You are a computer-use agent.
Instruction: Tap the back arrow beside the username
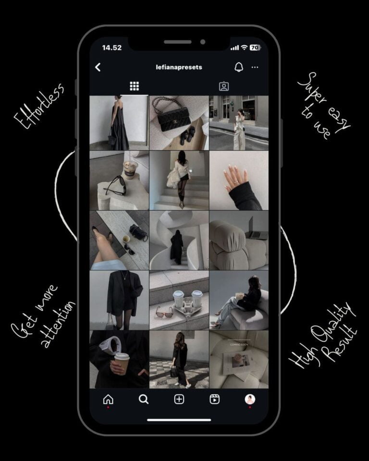point(98,67)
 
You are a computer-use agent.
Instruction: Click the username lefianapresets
point(179,67)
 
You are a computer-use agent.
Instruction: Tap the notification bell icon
point(239,67)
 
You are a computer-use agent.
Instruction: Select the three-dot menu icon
point(255,67)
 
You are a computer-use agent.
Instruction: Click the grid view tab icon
point(134,86)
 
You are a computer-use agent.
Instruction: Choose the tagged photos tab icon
point(224,86)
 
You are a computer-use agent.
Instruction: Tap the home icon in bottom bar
point(108,399)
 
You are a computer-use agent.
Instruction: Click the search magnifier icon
point(144,399)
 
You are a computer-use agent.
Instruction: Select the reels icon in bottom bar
point(214,399)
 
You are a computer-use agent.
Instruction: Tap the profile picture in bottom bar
point(250,399)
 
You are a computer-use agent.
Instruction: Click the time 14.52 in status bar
point(112,48)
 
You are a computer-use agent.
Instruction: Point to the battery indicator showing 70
point(255,48)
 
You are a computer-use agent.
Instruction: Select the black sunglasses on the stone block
point(116,186)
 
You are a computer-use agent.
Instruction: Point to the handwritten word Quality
point(332,323)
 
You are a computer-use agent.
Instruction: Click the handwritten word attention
point(58,324)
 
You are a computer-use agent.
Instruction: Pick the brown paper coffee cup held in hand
point(122,364)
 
